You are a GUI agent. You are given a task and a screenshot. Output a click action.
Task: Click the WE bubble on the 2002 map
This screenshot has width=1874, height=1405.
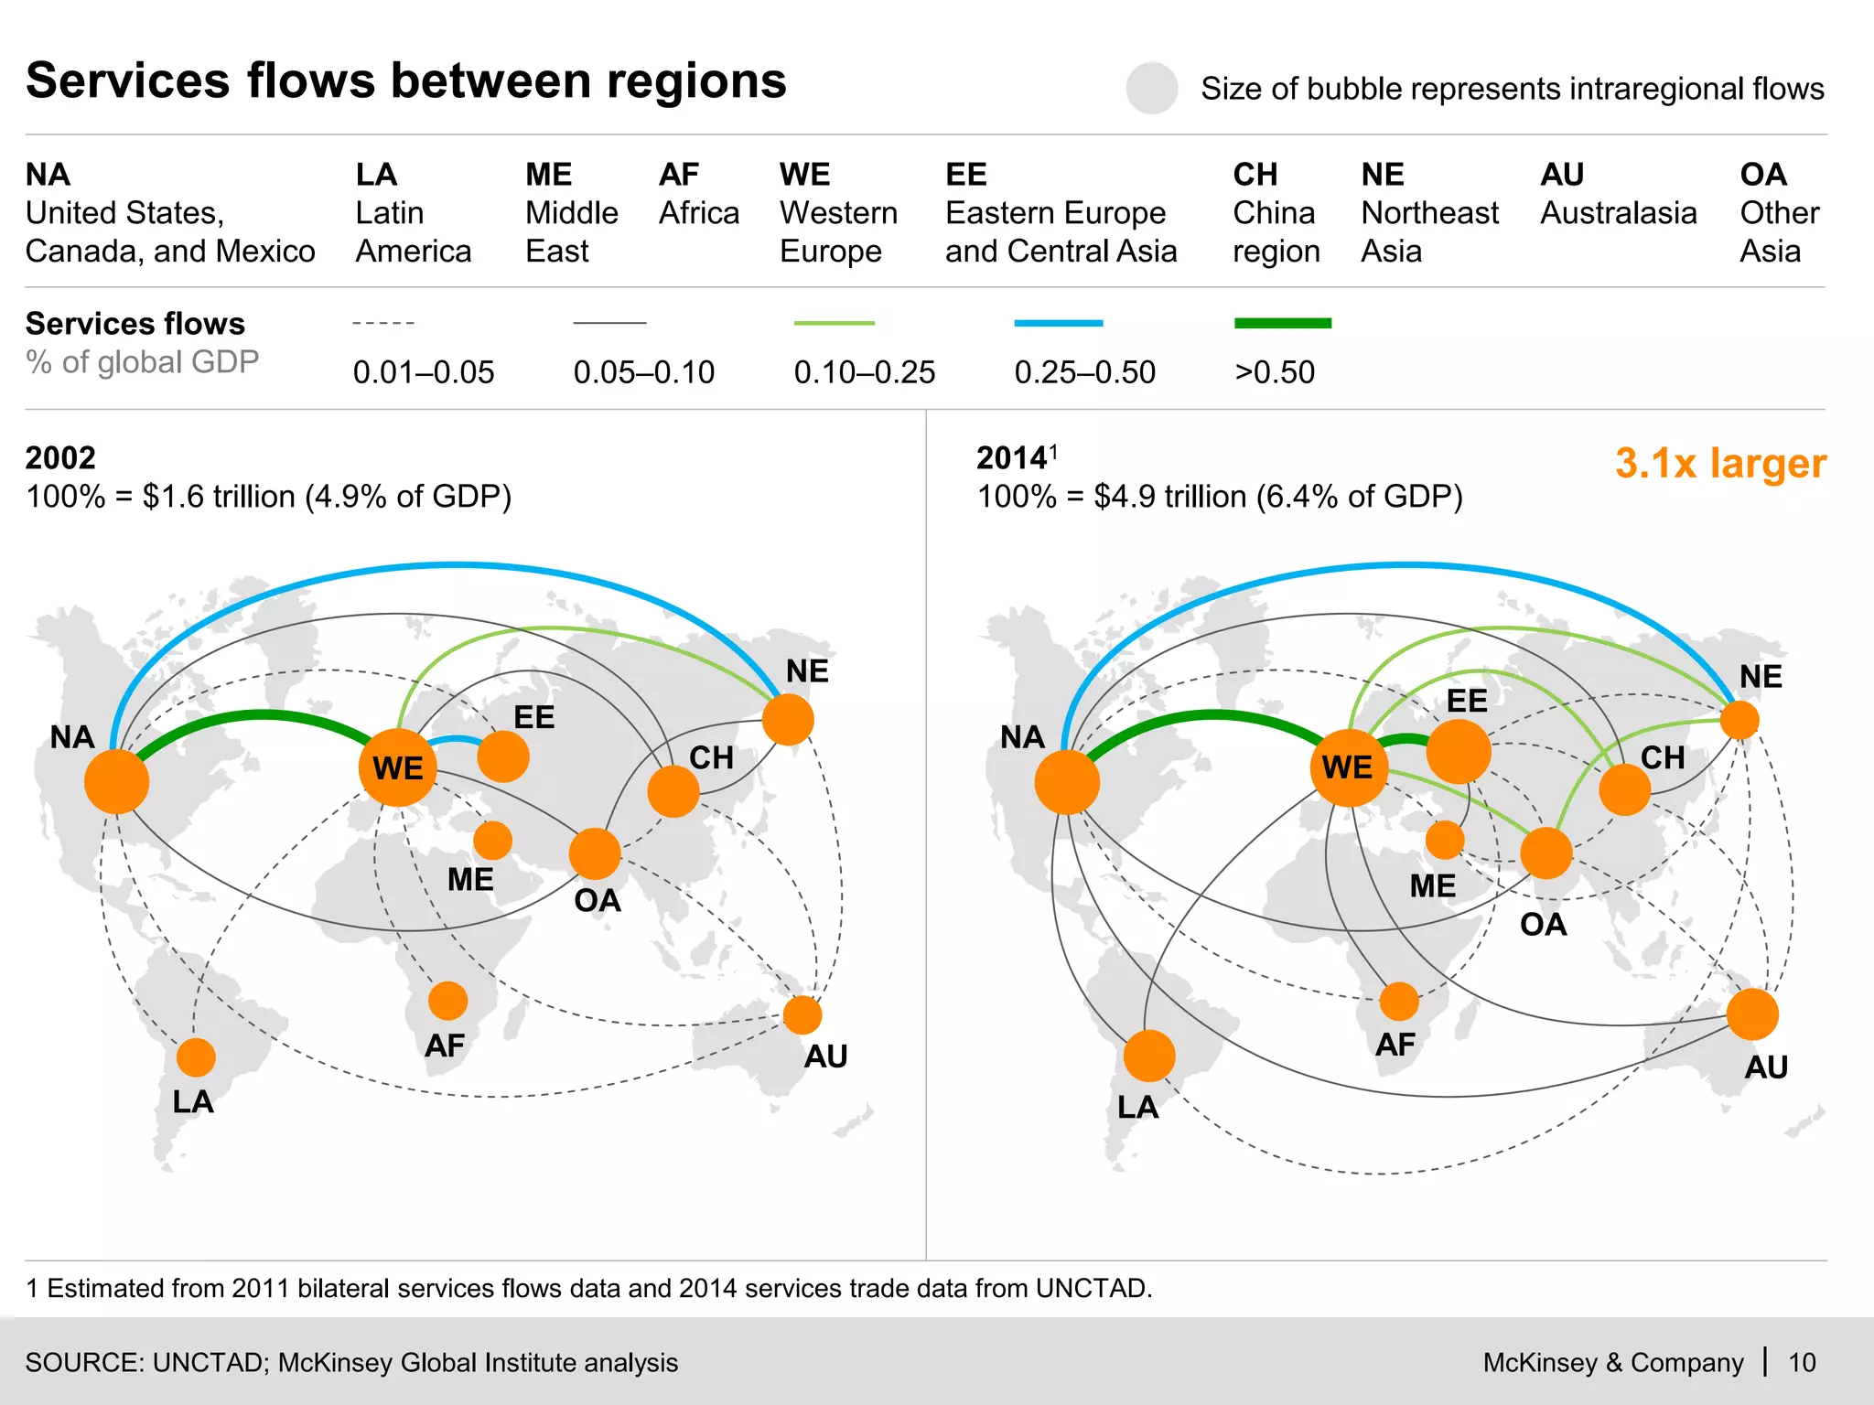tap(398, 767)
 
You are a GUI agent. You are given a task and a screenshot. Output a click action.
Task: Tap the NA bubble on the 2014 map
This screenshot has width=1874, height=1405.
tap(1067, 782)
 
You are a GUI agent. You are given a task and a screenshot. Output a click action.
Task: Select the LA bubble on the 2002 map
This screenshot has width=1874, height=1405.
tap(196, 1057)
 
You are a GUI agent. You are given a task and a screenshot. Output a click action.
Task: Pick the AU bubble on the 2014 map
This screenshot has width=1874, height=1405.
tap(1752, 1014)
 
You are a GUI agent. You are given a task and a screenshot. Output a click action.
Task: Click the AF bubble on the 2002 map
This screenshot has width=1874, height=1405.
tap(447, 1001)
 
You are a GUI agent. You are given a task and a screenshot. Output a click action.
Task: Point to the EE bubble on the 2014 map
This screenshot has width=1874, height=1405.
tap(1459, 751)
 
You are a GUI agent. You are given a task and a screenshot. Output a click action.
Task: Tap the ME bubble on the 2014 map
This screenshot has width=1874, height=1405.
tap(1445, 840)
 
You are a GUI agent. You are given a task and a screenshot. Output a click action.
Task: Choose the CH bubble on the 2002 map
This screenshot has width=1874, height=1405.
tap(673, 791)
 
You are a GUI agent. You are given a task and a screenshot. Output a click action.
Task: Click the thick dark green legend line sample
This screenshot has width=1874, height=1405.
tap(1282, 323)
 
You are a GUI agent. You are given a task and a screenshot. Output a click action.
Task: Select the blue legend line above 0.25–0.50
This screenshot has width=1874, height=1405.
tap(1058, 323)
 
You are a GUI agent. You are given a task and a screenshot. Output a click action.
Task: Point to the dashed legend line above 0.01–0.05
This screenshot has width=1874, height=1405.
tap(383, 323)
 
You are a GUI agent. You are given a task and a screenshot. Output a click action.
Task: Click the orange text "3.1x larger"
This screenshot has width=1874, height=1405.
tap(1720, 464)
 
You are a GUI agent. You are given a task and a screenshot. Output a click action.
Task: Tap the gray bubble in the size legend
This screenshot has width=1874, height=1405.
tap(1151, 89)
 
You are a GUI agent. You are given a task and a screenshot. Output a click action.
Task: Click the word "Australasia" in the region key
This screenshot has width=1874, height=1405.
tap(1618, 213)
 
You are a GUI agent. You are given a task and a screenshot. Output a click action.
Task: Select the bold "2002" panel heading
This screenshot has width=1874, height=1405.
tap(60, 457)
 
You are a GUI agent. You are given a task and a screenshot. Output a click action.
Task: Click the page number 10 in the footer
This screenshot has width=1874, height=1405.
tap(1802, 1362)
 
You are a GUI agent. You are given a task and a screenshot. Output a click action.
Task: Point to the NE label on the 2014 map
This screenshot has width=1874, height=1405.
tap(1761, 677)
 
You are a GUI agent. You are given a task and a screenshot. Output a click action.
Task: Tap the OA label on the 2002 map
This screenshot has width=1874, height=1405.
tap(597, 901)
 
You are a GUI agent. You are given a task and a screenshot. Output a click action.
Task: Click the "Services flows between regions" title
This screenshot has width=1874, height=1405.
tap(406, 80)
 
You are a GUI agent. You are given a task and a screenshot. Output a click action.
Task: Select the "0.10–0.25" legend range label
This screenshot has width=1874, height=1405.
tap(864, 372)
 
